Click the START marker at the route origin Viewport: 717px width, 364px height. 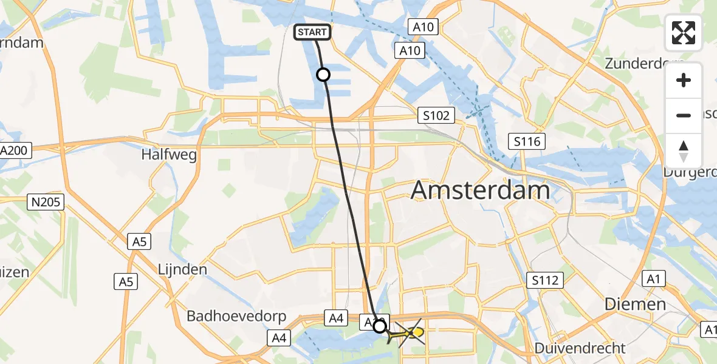coord(313,32)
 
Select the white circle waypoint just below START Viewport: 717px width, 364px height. coord(323,75)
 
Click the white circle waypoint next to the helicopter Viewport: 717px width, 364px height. coord(380,326)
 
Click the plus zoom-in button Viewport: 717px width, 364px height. coord(684,80)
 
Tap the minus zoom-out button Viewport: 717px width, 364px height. coord(684,115)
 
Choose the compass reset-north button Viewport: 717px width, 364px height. coord(684,150)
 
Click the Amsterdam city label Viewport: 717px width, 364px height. coord(480,190)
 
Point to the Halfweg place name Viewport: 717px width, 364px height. coord(169,155)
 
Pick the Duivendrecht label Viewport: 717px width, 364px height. coord(580,348)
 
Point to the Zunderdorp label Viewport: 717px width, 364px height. coord(644,64)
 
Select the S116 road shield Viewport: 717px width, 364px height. coord(527,142)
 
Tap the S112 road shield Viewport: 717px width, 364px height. coord(545,280)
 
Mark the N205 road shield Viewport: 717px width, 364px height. coord(46,202)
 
